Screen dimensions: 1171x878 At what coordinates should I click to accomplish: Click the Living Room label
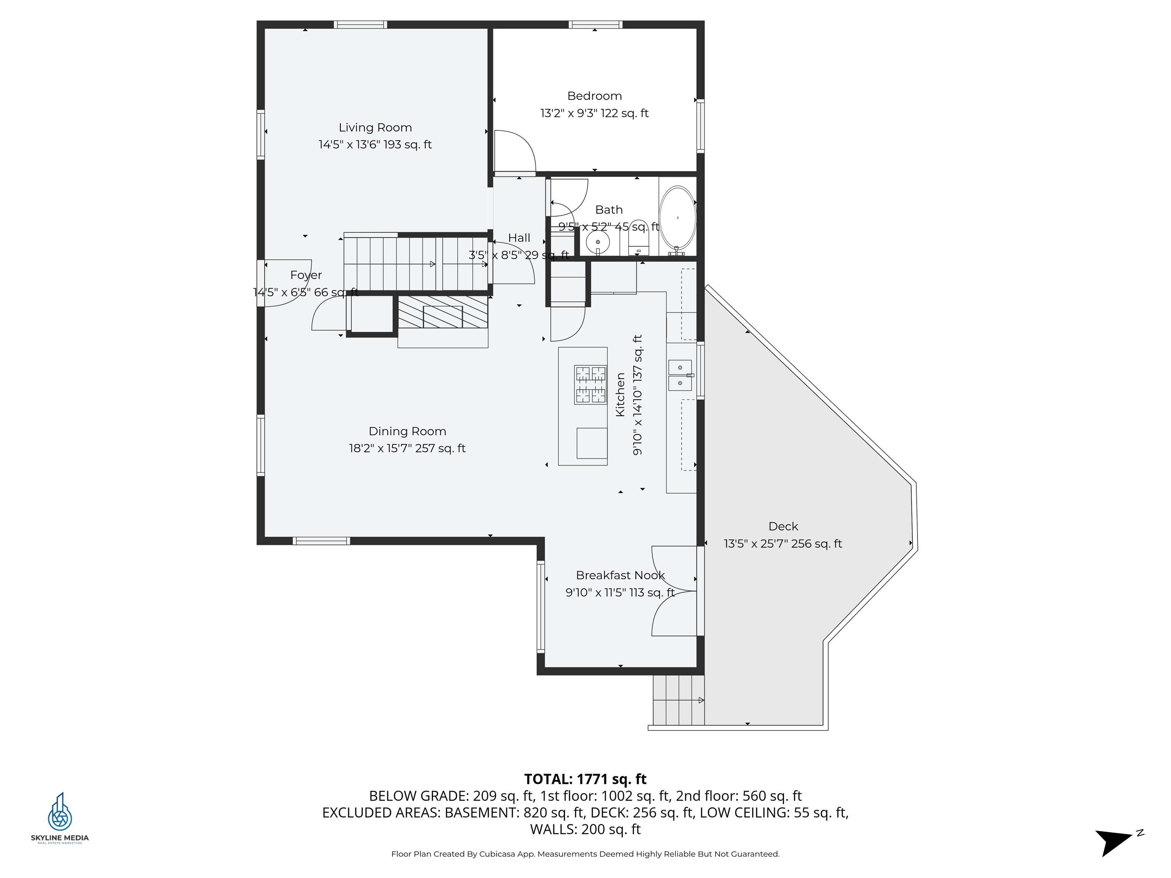click(x=375, y=128)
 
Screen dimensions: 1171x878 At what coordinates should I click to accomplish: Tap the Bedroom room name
click(x=595, y=96)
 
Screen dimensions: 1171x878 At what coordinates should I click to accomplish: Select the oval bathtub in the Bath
click(x=678, y=218)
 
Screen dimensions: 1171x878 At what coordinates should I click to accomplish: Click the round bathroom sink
click(x=598, y=242)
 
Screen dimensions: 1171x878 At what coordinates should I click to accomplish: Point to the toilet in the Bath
click(x=638, y=238)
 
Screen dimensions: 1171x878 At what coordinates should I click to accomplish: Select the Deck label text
click(x=783, y=526)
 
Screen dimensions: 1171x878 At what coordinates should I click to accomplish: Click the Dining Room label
click(x=407, y=431)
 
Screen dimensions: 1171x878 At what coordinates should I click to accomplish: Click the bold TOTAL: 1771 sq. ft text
click(x=585, y=779)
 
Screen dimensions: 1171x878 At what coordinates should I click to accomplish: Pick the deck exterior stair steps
click(x=678, y=700)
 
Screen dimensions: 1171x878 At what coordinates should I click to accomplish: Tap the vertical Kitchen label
click(x=621, y=395)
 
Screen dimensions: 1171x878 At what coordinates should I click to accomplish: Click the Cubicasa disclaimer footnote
click(x=585, y=854)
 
